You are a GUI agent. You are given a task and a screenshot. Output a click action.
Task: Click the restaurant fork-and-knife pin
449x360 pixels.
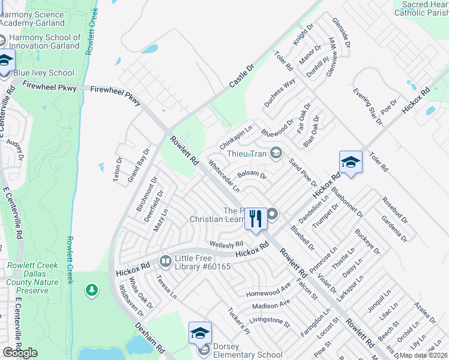256,218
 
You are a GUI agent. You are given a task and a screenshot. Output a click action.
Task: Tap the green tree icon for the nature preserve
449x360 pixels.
91,291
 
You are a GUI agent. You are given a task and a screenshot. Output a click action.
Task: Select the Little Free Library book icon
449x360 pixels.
164,261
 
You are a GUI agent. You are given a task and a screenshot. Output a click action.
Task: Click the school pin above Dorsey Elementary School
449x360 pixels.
200,334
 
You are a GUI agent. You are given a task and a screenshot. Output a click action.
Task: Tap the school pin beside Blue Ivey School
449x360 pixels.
5,61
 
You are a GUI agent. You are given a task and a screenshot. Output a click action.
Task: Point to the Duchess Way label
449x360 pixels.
280,92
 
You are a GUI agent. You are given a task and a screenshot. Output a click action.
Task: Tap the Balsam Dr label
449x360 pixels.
252,175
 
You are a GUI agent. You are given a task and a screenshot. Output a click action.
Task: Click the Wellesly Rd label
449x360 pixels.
226,244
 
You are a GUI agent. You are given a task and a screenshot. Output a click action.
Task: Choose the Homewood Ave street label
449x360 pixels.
268,292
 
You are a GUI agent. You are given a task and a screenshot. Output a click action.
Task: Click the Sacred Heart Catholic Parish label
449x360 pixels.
420,8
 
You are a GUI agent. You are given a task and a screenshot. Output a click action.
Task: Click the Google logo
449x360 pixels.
20,353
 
